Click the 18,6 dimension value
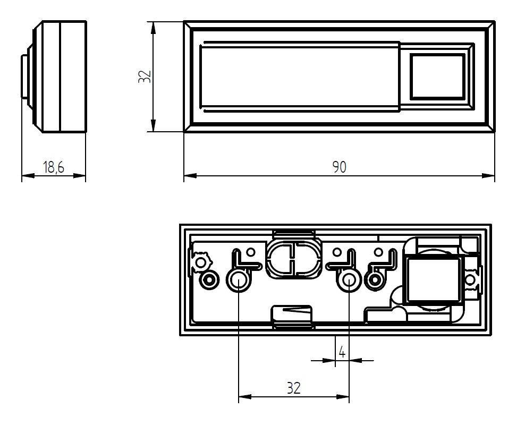(x=54, y=167)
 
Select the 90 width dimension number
(x=339, y=167)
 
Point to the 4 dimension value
(x=342, y=352)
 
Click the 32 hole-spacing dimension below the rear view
(x=293, y=388)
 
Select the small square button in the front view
(x=437, y=75)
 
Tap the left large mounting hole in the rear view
(x=238, y=279)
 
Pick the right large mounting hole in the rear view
(x=349, y=279)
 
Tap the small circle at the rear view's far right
(x=470, y=279)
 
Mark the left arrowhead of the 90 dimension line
(x=189, y=175)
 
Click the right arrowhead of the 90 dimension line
(x=490, y=175)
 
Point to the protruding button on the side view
(x=24, y=77)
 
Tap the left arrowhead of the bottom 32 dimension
(x=243, y=396)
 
